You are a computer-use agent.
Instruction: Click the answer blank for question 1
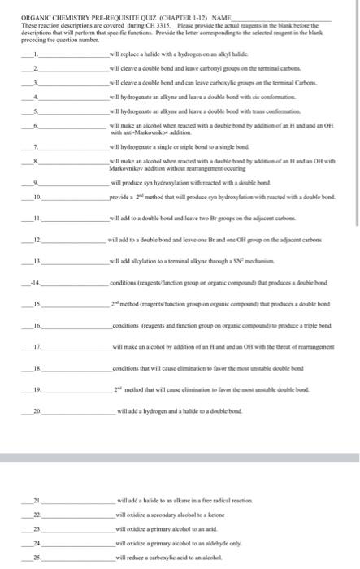(x=73, y=54)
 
